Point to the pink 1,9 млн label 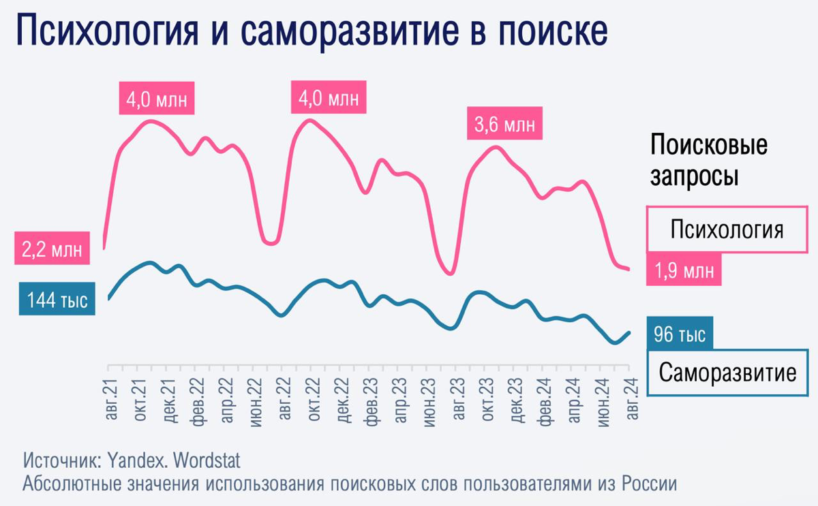684,270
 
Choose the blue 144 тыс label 57,300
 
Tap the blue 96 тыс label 680,334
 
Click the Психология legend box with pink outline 726,229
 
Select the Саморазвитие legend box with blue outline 727,373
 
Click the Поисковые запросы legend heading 708,161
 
